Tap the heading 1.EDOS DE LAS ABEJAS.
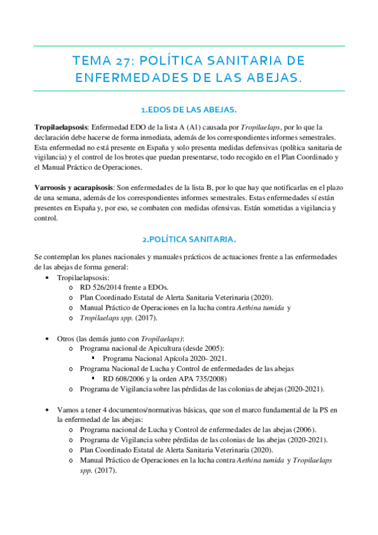(189, 110)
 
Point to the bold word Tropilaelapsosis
(61, 127)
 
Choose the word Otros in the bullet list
(66, 338)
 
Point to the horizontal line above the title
(189, 46)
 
